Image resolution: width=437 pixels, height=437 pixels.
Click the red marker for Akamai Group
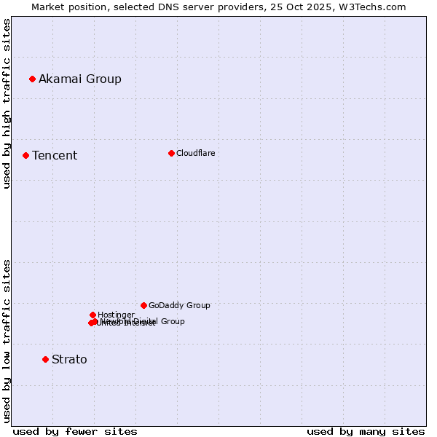32,79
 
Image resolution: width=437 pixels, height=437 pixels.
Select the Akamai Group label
80,79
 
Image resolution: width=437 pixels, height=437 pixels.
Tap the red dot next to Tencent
25,155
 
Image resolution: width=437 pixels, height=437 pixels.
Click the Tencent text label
55,155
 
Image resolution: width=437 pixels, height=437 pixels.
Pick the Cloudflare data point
171,153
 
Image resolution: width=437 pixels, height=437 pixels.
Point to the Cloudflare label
196,153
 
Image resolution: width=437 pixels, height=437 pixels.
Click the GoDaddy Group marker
143,305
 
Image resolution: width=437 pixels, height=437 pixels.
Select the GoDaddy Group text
179,305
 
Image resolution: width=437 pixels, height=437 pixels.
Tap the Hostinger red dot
92,315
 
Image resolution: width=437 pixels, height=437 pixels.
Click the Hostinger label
116,315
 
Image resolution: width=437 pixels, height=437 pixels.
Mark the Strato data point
45,359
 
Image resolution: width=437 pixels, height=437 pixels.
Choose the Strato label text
69,359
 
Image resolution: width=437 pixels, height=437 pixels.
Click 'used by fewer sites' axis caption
75,431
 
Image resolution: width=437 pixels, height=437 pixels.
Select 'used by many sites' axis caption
366,431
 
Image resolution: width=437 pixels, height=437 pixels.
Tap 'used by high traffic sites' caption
7,103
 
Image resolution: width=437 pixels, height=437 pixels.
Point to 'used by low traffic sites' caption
7,340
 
